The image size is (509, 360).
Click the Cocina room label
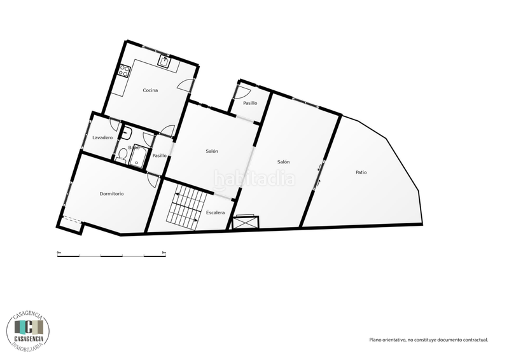pyautogui.click(x=150, y=90)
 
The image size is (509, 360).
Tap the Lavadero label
pyautogui.click(x=102, y=137)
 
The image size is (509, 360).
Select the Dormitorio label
pyautogui.click(x=111, y=193)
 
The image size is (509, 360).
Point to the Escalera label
pyautogui.click(x=215, y=212)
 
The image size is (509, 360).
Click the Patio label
pyautogui.click(x=361, y=172)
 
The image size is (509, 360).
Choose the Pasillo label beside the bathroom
pyautogui.click(x=159, y=155)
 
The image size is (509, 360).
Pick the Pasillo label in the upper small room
pyautogui.click(x=250, y=103)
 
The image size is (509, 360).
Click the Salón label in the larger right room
pyautogui.click(x=283, y=162)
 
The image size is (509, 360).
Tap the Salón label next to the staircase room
pyautogui.click(x=212, y=151)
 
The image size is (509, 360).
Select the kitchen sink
pyautogui.click(x=164, y=61)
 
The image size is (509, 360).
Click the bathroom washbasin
pyautogui.click(x=127, y=133)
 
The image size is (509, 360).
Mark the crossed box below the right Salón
pyautogui.click(x=246, y=221)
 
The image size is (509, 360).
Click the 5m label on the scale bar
pyautogui.click(x=164, y=253)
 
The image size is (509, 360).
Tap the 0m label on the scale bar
pyautogui.click(x=59, y=253)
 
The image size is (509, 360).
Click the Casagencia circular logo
pyautogui.click(x=29, y=327)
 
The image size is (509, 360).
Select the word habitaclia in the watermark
pyautogui.click(x=254, y=179)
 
